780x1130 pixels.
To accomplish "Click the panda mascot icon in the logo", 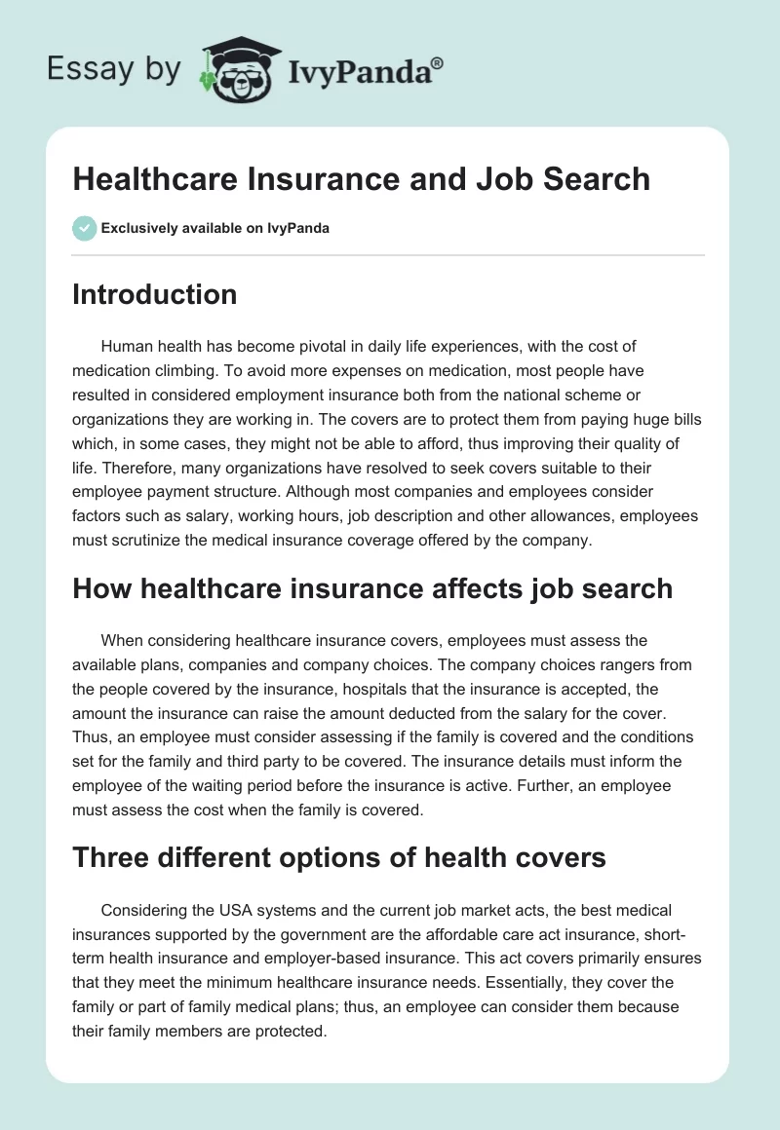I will point(236,70).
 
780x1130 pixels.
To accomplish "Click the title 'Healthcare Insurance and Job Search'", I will point(361,179).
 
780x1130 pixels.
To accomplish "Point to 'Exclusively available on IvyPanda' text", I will point(215,228).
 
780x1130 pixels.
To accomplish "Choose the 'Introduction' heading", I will point(154,294).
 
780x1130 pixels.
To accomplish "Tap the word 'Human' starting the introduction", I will point(127,347).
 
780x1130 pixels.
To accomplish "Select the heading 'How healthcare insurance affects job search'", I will point(372,588).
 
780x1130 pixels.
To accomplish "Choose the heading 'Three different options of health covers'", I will point(339,858).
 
